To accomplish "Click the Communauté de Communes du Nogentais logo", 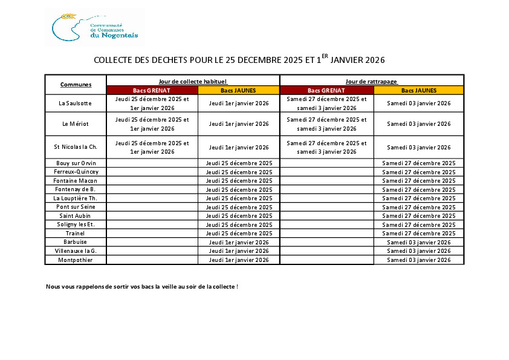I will (95, 27).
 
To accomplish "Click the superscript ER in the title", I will (325, 56).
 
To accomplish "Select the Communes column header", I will (76, 84).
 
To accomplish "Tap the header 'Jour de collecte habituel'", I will (193, 80).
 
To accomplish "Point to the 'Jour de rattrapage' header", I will (371, 80).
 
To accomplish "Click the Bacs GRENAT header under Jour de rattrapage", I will (326, 90).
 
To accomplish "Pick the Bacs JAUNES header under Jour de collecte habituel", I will (238, 90).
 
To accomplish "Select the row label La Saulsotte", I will (76, 103).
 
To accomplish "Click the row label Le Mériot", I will (76, 123).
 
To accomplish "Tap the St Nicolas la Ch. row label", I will (76, 147).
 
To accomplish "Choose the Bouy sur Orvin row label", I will (76, 163).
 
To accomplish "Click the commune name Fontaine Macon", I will (76, 181).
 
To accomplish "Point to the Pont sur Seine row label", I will (76, 207).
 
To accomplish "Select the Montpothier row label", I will (76, 260).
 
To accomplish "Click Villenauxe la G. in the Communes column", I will (76, 251).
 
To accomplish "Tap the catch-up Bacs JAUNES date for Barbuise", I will (419, 242).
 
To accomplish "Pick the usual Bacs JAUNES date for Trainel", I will (238, 234).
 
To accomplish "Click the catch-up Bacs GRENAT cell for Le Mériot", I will (326, 123).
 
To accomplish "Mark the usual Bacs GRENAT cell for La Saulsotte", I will (152, 103).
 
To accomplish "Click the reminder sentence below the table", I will (142, 286).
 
